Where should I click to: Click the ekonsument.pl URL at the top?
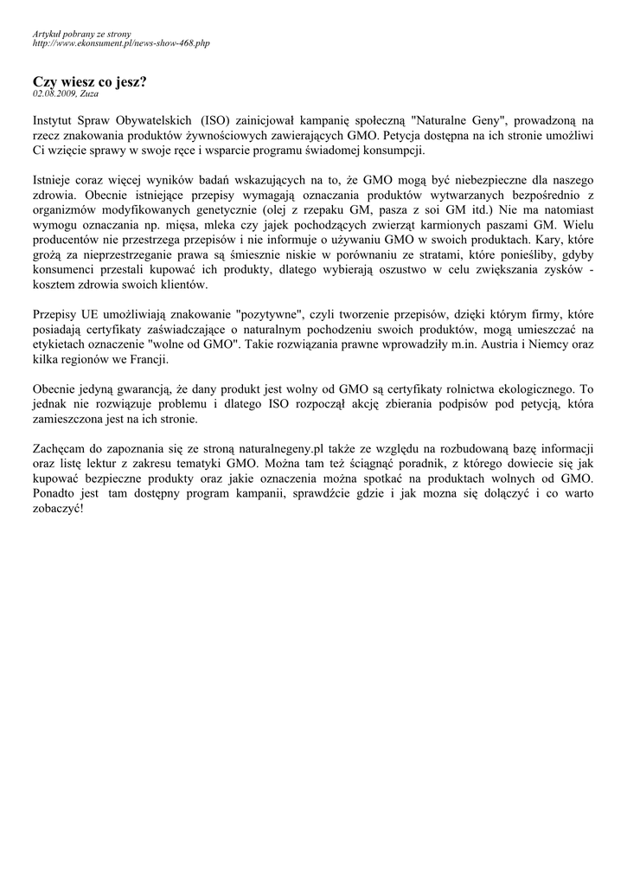[121, 42]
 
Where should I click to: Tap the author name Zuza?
[88, 93]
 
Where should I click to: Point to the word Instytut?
[54, 121]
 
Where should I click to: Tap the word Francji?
[149, 359]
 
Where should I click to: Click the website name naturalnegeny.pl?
[273, 448]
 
